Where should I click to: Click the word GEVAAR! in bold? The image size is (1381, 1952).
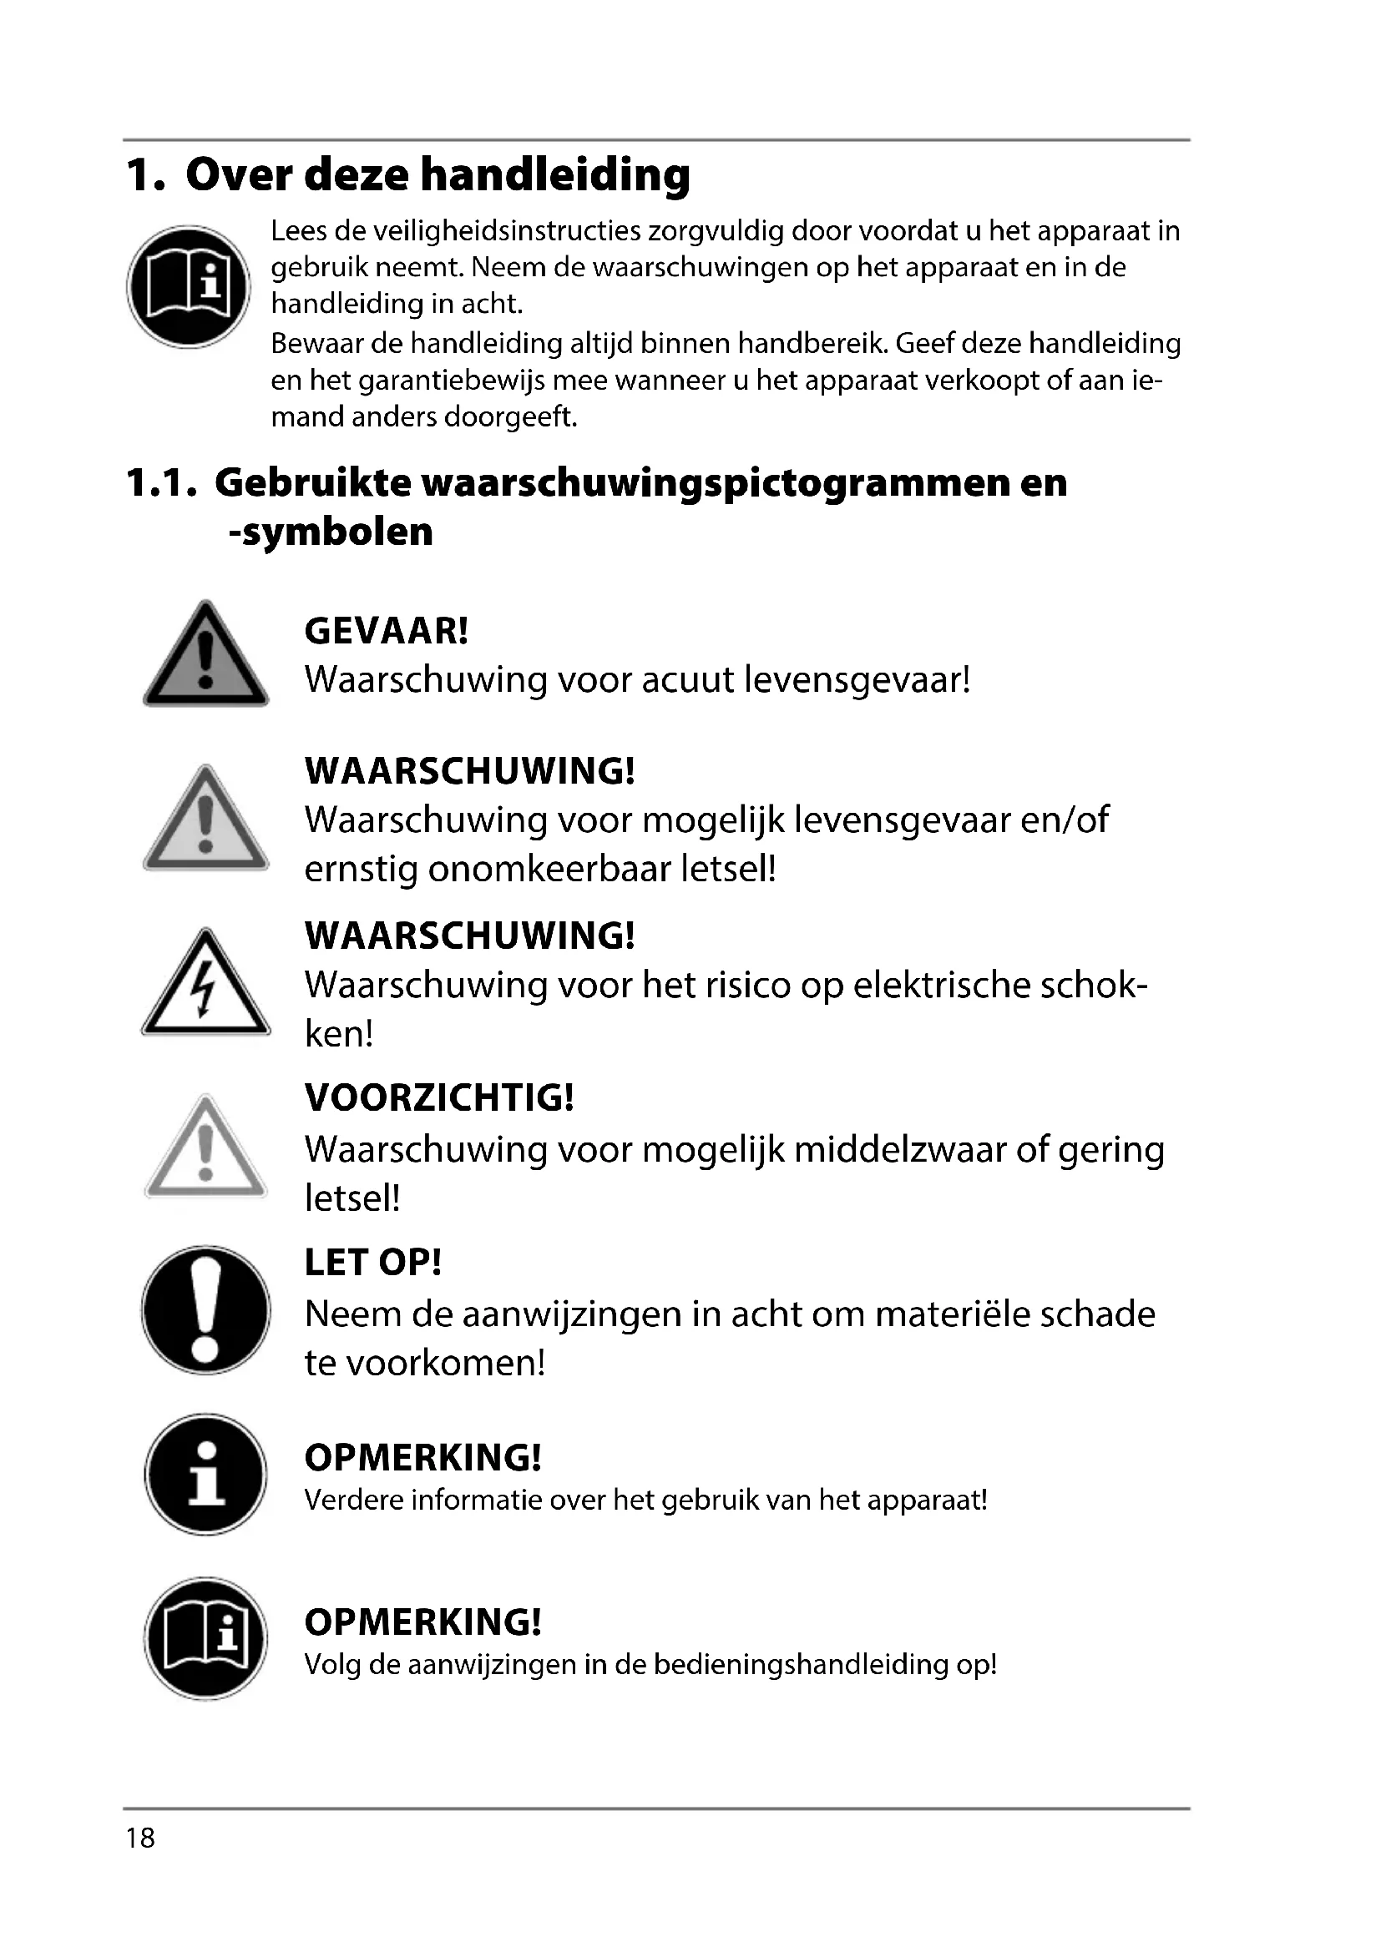[x=386, y=631]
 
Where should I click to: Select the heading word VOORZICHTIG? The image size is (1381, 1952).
[x=439, y=1097]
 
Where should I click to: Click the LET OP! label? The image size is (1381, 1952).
[x=372, y=1263]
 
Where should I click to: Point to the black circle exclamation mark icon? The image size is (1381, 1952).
[x=205, y=1310]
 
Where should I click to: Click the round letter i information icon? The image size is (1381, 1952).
[x=205, y=1473]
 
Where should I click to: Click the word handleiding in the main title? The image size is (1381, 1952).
[x=554, y=175]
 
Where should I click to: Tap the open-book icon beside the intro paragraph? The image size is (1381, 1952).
[x=189, y=285]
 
